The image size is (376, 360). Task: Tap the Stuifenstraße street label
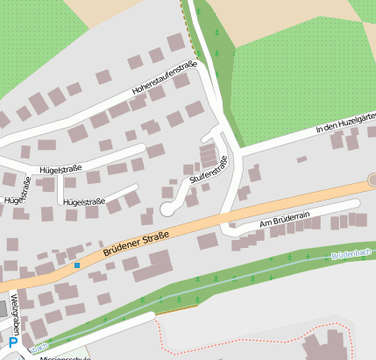[x=209, y=172]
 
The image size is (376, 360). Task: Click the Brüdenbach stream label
[x=351, y=255]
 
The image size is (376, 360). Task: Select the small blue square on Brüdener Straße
[x=77, y=265]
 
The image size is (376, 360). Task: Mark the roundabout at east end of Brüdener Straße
[x=372, y=180]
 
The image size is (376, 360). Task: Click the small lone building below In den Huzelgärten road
[x=302, y=159]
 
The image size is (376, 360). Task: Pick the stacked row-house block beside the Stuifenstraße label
[x=208, y=156]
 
